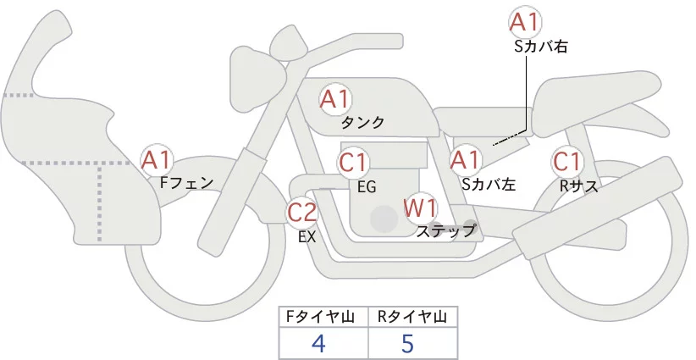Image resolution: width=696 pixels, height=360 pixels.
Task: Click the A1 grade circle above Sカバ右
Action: [526, 22]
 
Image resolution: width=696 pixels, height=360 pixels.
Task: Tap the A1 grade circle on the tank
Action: [334, 99]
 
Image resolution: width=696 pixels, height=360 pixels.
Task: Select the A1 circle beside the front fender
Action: [157, 158]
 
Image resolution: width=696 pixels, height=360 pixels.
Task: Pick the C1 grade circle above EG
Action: [354, 161]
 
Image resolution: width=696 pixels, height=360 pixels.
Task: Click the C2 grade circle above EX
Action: [301, 211]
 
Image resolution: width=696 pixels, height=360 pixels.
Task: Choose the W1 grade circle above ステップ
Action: [420, 206]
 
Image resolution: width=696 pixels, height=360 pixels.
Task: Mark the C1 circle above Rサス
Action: [566, 161]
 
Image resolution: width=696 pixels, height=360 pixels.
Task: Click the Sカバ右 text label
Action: [540, 47]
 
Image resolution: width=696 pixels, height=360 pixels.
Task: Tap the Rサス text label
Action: [578, 185]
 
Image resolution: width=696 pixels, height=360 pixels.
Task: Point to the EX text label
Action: [307, 237]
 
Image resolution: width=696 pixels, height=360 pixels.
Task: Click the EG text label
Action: [367, 186]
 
